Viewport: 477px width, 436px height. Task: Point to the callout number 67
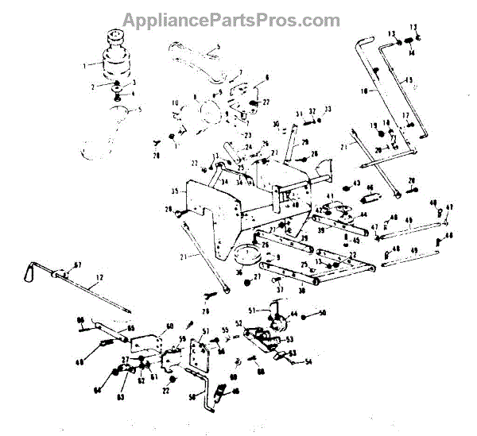pos(78,264)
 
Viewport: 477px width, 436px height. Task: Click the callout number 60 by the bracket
pos(169,326)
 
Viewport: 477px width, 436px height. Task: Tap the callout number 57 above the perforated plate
pos(205,331)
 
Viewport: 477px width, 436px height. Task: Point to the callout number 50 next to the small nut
pos(323,313)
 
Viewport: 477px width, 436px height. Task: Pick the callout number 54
pos(308,362)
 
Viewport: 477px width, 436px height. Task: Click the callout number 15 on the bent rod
pos(409,80)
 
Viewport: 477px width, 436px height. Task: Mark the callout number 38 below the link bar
pos(301,291)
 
